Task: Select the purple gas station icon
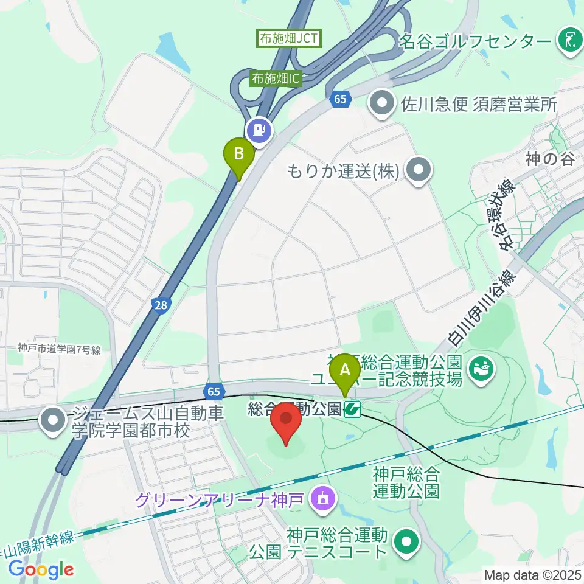pyautogui.click(x=260, y=129)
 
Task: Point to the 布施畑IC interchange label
pyautogui.click(x=277, y=78)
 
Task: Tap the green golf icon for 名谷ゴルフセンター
pyautogui.click(x=569, y=41)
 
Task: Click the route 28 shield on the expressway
pyautogui.click(x=160, y=307)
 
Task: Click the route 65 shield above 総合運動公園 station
pyautogui.click(x=214, y=390)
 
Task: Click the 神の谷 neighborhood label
pyautogui.click(x=551, y=160)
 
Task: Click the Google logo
pyautogui.click(x=40, y=569)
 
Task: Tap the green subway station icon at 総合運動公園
pyautogui.click(x=352, y=411)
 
